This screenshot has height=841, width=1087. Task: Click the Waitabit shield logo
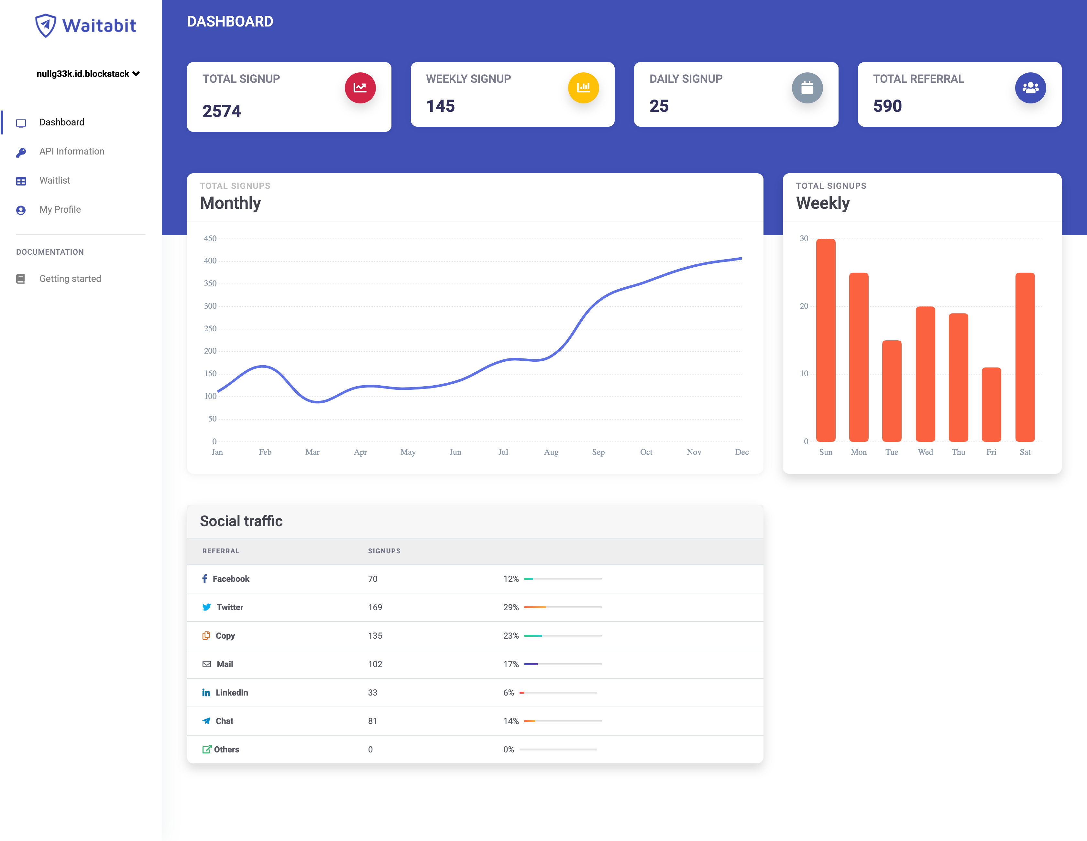tap(45, 25)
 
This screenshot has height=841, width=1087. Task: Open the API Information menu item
tap(72, 151)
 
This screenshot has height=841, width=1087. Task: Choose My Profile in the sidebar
tap(60, 209)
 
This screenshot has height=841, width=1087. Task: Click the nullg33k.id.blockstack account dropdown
tap(88, 74)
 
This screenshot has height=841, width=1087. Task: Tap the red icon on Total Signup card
tap(360, 88)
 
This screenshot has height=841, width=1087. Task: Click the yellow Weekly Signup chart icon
tap(583, 88)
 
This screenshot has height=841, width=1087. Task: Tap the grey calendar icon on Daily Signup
tap(807, 88)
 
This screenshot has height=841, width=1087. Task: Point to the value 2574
tap(222, 111)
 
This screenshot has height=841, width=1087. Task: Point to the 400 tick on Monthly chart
tap(210, 261)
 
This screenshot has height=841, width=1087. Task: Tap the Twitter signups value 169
tap(375, 607)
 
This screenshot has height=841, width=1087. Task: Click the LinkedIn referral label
tap(231, 693)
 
